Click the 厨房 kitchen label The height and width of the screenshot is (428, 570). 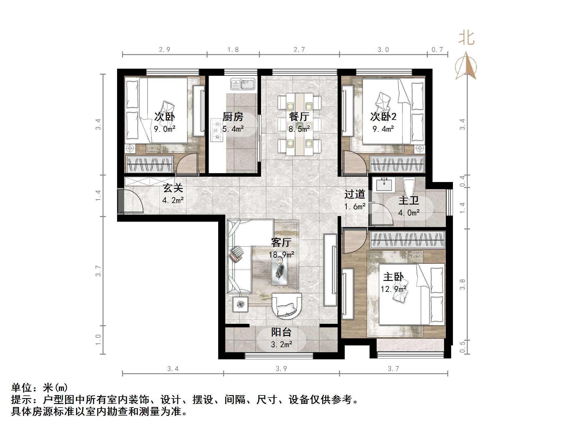pos(233,117)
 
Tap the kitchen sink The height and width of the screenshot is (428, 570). pos(243,84)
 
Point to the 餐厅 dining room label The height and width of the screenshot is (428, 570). pos(299,117)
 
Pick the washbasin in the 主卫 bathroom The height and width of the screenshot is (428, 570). pos(384,185)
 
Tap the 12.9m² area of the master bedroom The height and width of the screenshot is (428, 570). pos(393,289)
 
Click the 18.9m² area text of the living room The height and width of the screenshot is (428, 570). pos(281,255)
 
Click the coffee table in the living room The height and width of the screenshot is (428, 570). pos(279,271)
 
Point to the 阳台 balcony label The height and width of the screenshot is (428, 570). pos(281,332)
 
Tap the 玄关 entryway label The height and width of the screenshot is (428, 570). pos(173,188)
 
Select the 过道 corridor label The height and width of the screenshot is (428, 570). pos(354,194)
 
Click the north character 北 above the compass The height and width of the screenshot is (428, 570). pos(466,38)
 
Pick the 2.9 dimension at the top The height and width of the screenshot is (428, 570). pos(165,49)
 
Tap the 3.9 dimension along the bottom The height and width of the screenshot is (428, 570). pos(281,369)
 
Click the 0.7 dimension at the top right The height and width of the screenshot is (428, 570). pos(437,49)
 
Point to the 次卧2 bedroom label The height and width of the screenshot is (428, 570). pos(383,117)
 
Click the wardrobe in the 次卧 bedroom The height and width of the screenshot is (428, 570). pos(150,164)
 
